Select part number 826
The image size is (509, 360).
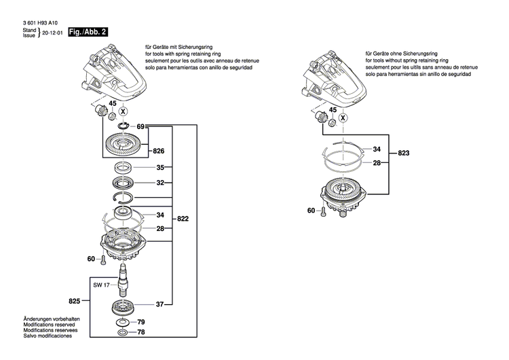(159, 150)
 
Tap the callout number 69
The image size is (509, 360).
(141, 127)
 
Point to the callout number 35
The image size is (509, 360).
(160, 167)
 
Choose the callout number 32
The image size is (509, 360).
(160, 183)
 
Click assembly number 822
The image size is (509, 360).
(184, 220)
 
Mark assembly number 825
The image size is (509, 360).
(74, 300)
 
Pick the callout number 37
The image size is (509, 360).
(160, 304)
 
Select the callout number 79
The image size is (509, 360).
(142, 321)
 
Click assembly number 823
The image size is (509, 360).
(403, 154)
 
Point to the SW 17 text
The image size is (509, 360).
(102, 285)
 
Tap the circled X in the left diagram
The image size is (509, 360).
(124, 111)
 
